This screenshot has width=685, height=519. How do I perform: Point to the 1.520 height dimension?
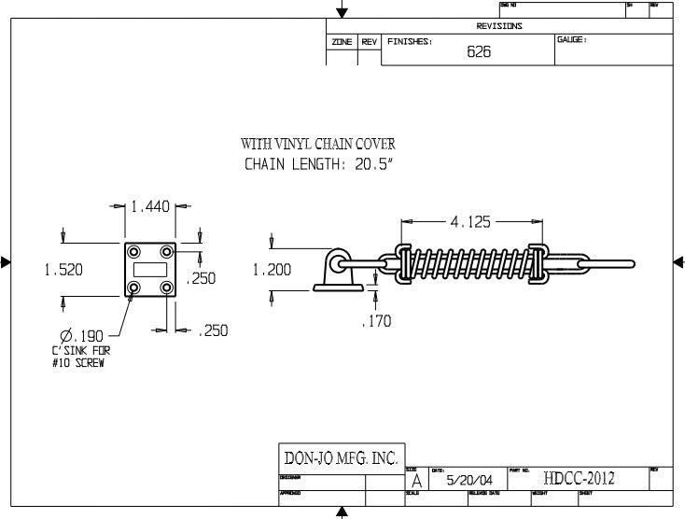click(x=63, y=270)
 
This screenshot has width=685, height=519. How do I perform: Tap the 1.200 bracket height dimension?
click(x=272, y=270)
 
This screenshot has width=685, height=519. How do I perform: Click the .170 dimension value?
click(x=376, y=321)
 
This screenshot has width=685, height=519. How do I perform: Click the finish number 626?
click(x=479, y=52)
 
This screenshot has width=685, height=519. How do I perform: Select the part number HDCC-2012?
click(x=579, y=479)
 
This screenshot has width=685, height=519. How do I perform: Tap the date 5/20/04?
click(x=465, y=480)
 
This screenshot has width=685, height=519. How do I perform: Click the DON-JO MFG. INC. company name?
click(x=341, y=458)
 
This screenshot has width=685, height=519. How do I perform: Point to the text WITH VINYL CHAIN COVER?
click(x=318, y=144)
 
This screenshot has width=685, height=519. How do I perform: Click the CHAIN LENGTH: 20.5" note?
click(x=318, y=165)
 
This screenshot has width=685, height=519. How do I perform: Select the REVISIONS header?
click(x=499, y=26)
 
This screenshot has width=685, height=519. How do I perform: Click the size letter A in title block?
click(x=415, y=480)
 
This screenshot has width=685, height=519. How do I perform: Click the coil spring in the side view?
click(x=469, y=262)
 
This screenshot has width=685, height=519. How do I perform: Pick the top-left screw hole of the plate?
click(x=133, y=251)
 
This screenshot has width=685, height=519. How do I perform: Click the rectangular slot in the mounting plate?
click(x=149, y=269)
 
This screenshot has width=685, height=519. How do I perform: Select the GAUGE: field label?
click(x=571, y=40)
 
